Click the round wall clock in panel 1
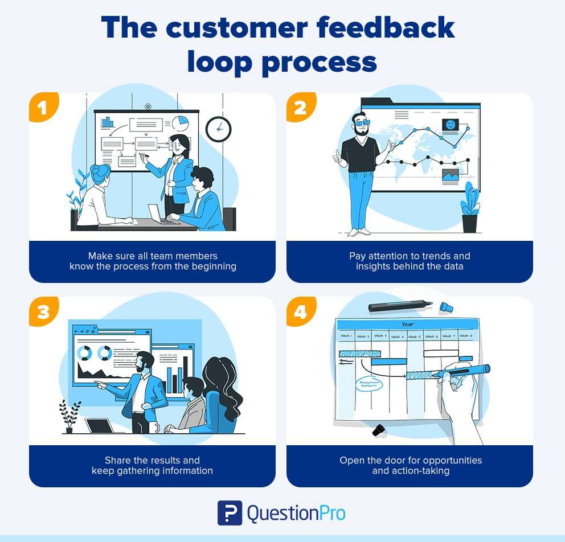218,129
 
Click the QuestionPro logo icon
230,512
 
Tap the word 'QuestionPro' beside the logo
296,513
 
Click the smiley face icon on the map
451,125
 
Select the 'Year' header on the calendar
407,324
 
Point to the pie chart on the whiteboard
180,123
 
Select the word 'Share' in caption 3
118,460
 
